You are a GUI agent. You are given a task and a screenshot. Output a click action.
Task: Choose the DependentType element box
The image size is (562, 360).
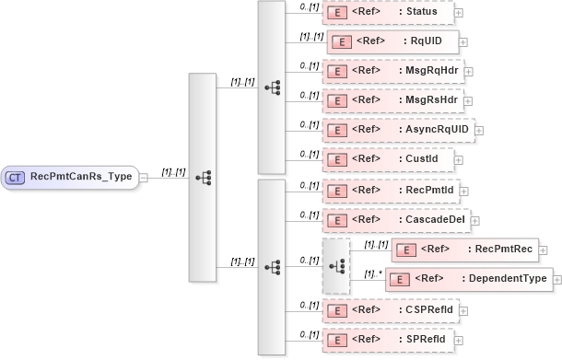pyautogui.click(x=469, y=279)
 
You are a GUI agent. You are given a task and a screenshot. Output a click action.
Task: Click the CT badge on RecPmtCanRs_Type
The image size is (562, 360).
pyautogui.click(x=15, y=178)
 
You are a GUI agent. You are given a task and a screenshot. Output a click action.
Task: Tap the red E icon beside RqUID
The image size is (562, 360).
pyautogui.click(x=337, y=41)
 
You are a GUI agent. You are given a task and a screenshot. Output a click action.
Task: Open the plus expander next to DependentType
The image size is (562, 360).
pyautogui.click(x=557, y=280)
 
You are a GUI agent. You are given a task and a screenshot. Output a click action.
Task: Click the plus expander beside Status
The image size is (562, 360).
pyautogui.click(x=459, y=13)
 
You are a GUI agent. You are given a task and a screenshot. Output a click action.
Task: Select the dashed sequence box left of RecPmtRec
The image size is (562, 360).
pyautogui.click(x=336, y=265)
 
